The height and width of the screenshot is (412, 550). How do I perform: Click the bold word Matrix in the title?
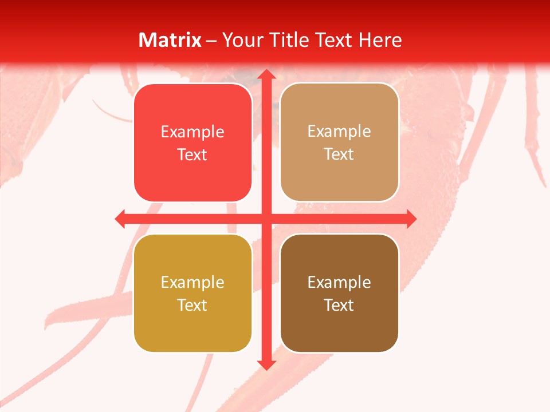coord(170,40)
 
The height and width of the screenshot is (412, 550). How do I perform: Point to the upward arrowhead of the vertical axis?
coord(265,74)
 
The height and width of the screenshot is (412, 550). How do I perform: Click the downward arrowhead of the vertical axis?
coord(265,365)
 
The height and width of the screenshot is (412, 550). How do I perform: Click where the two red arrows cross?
coord(265,219)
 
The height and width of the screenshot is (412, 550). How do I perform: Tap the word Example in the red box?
coord(192,132)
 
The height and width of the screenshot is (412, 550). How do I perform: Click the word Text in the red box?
coord(192,155)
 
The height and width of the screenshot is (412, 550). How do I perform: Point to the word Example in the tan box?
coord(339,132)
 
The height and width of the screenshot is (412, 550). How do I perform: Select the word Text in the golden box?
coord(192,306)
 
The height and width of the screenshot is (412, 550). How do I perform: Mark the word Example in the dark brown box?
coord(339,283)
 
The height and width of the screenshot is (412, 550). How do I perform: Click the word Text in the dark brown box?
coord(339,306)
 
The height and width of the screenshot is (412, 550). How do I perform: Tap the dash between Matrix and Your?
coord(212,41)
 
